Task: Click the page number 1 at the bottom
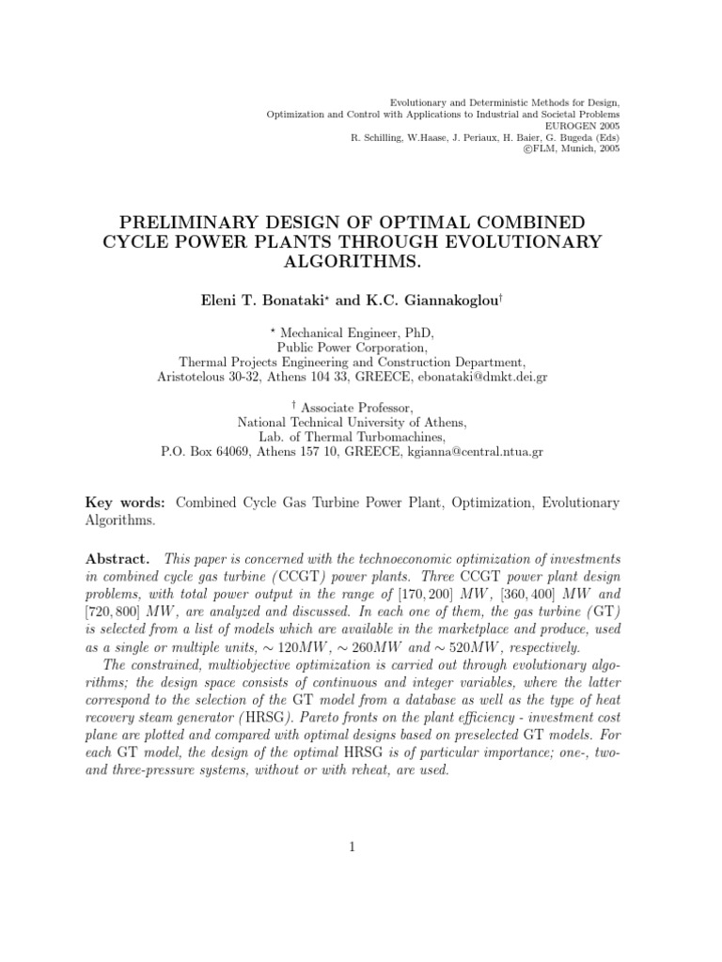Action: point(352,846)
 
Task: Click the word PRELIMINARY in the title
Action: point(197,223)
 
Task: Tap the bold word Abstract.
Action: point(117,557)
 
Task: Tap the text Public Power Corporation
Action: point(353,346)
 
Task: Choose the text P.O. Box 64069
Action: point(205,451)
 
